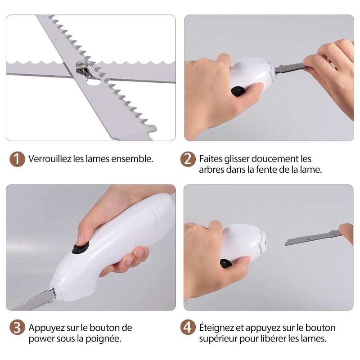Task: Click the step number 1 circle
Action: pos(17,159)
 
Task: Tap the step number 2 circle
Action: pos(188,159)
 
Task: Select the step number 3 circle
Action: pos(17,327)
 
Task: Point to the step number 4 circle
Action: pos(188,327)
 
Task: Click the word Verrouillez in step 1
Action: pos(49,159)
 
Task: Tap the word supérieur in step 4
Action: pos(218,339)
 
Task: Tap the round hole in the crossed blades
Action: pos(93,82)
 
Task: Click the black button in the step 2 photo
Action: pos(238,91)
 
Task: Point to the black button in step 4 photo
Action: pos(226,263)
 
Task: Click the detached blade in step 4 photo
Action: pos(313,238)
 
